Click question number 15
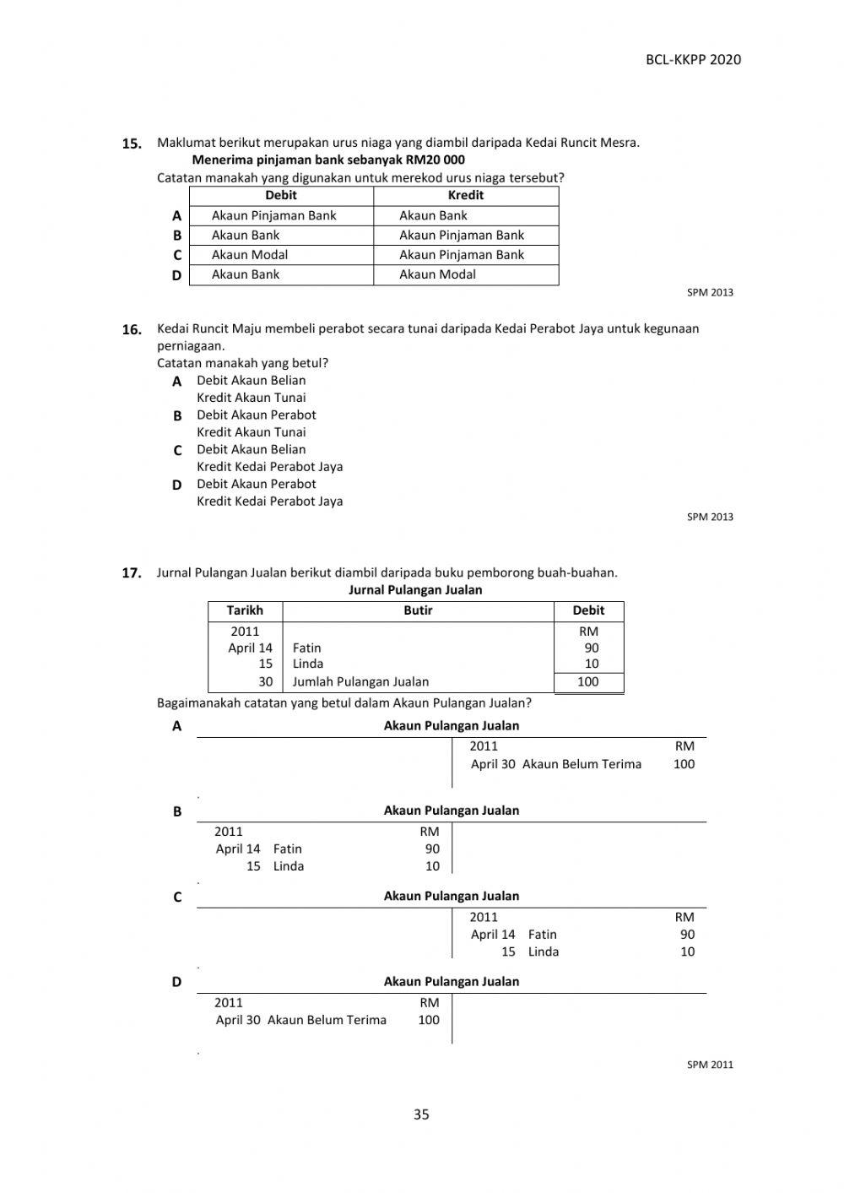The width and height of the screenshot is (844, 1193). pos(132,144)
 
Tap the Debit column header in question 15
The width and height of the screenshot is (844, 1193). pos(281,195)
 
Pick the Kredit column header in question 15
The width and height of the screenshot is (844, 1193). pos(466,195)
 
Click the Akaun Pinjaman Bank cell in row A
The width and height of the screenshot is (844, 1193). pos(273,215)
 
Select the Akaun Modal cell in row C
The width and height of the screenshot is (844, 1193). pos(250,255)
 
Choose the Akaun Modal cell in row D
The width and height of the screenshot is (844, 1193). pos(437,274)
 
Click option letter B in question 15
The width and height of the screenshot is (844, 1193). pos(177,236)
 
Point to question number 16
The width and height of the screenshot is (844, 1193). pos(132,329)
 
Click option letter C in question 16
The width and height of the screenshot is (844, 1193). pos(177,450)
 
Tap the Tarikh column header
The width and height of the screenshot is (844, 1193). pos(245,610)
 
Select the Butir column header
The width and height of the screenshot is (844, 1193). pos(418,610)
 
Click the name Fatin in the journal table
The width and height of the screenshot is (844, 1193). pos(306,648)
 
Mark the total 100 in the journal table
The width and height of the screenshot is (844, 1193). pos(587,682)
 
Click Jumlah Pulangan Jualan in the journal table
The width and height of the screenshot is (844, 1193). pos(360,682)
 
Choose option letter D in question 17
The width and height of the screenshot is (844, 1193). pos(176,981)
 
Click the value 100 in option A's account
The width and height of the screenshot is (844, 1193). pos(684,764)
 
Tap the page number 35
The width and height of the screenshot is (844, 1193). pos(421,1114)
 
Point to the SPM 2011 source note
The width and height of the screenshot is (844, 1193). pos(710,1065)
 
